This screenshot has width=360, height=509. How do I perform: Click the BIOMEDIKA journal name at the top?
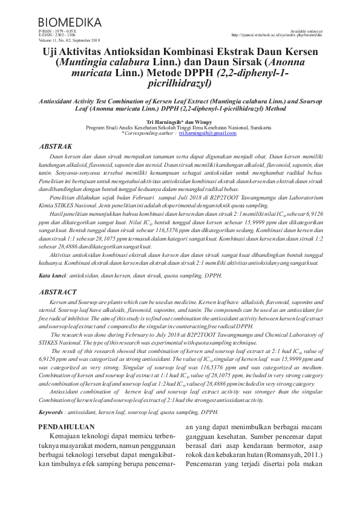[70, 22]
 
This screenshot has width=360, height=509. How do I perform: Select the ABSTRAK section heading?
[55, 146]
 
